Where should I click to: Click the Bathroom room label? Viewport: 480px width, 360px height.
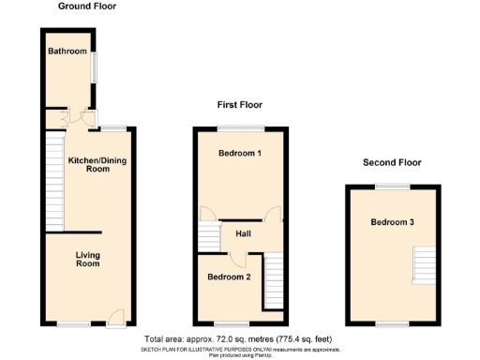tap(67, 51)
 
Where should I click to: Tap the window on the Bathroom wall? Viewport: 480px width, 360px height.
tap(92, 70)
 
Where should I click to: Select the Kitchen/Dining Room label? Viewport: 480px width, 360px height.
tap(97, 165)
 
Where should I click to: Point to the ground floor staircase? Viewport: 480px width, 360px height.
tap(53, 183)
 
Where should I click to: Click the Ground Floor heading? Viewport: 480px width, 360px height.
tap(87, 7)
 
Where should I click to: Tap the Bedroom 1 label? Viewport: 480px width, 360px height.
tap(239, 153)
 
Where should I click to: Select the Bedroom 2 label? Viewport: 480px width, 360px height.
tap(229, 277)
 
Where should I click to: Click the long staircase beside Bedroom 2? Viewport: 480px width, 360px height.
tap(273, 282)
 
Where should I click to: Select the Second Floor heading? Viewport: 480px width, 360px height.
tap(393, 163)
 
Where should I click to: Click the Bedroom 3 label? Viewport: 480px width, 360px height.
tap(392, 222)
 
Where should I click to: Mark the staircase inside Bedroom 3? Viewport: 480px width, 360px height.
tap(425, 263)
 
